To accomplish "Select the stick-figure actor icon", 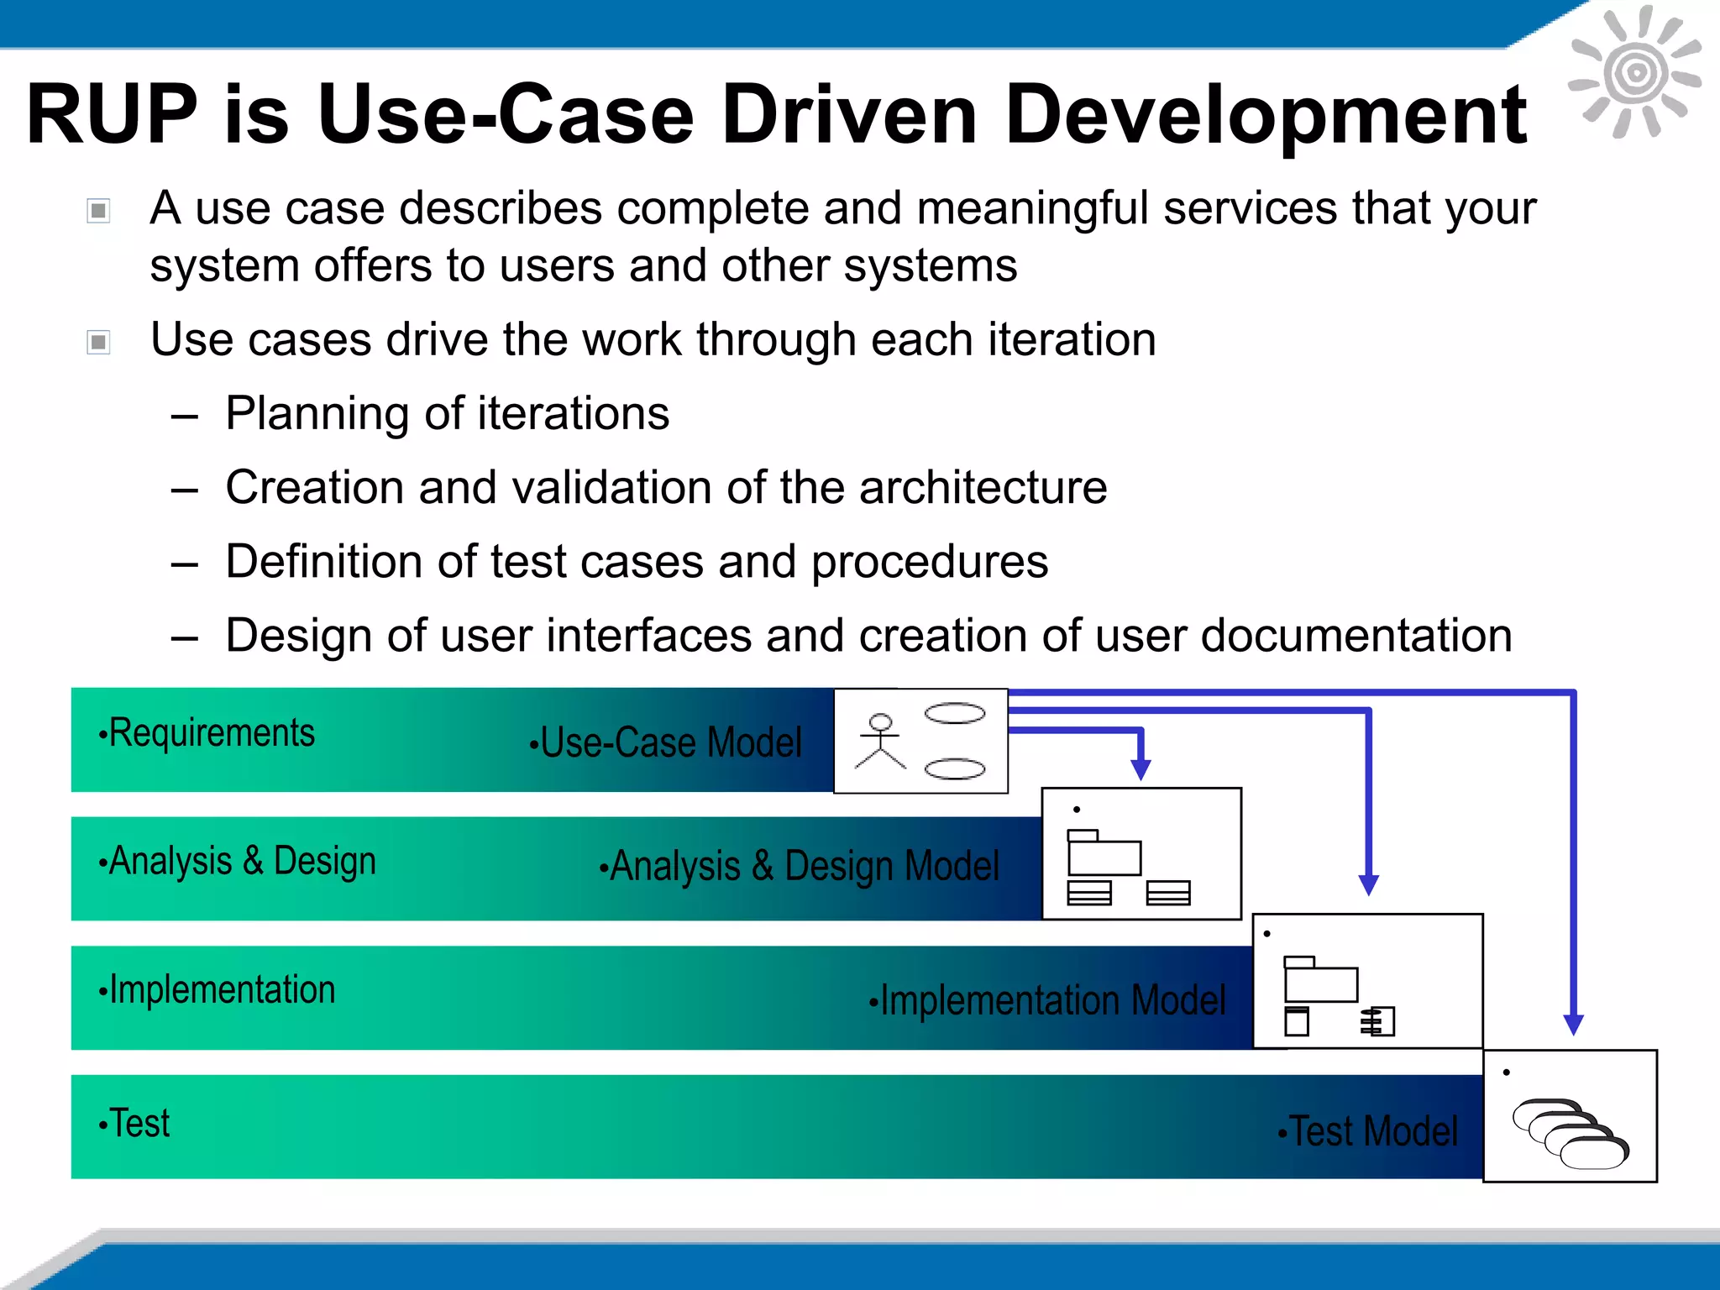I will click(879, 741).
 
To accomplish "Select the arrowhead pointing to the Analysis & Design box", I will click(1140, 769).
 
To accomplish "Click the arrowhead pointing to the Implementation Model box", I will click(1368, 885).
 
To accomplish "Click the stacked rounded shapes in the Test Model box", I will click(1569, 1133).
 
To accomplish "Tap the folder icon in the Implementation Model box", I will click(1320, 981).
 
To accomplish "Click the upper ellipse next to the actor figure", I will click(954, 714).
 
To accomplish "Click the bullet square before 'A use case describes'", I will click(99, 210).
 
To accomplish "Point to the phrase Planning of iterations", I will click(447, 413).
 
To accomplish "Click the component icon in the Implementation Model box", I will click(1377, 1021).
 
